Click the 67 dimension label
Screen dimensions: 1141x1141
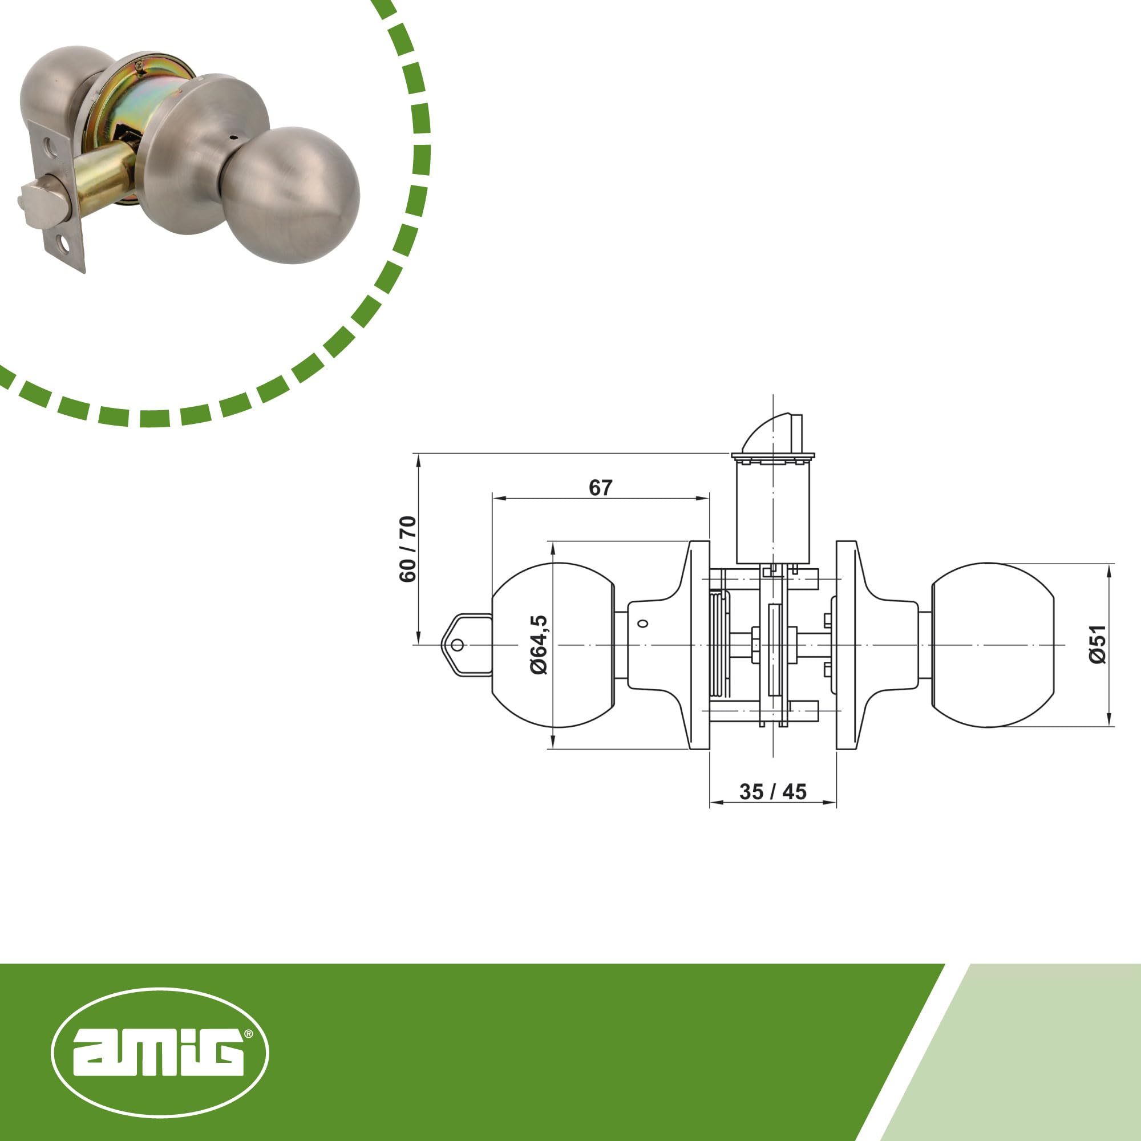[601, 488]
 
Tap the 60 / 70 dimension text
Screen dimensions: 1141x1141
[408, 549]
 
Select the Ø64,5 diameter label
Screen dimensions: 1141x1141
[539, 644]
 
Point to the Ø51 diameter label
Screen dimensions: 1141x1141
[1098, 644]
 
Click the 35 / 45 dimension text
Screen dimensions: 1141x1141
[772, 792]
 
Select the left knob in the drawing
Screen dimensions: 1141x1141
[553, 645]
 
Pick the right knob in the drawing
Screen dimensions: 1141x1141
[992, 645]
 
